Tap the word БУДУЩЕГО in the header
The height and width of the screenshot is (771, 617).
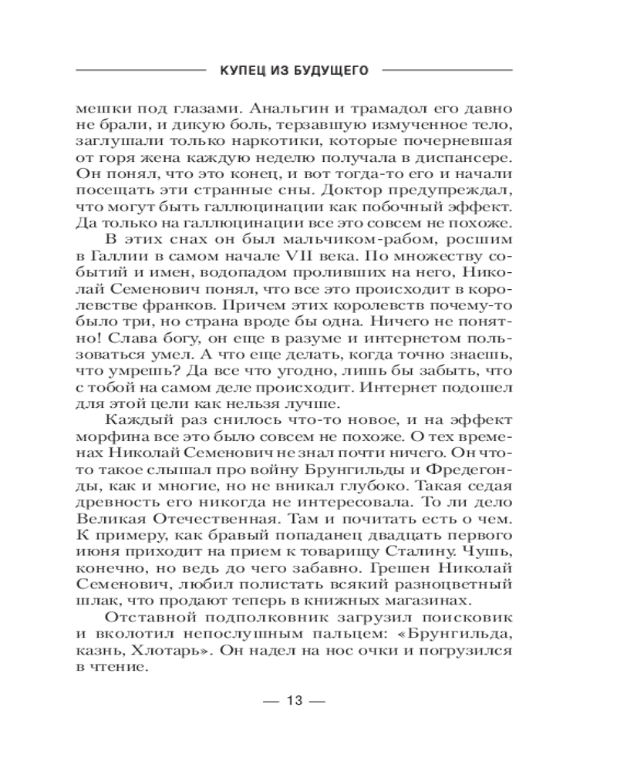(328, 70)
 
